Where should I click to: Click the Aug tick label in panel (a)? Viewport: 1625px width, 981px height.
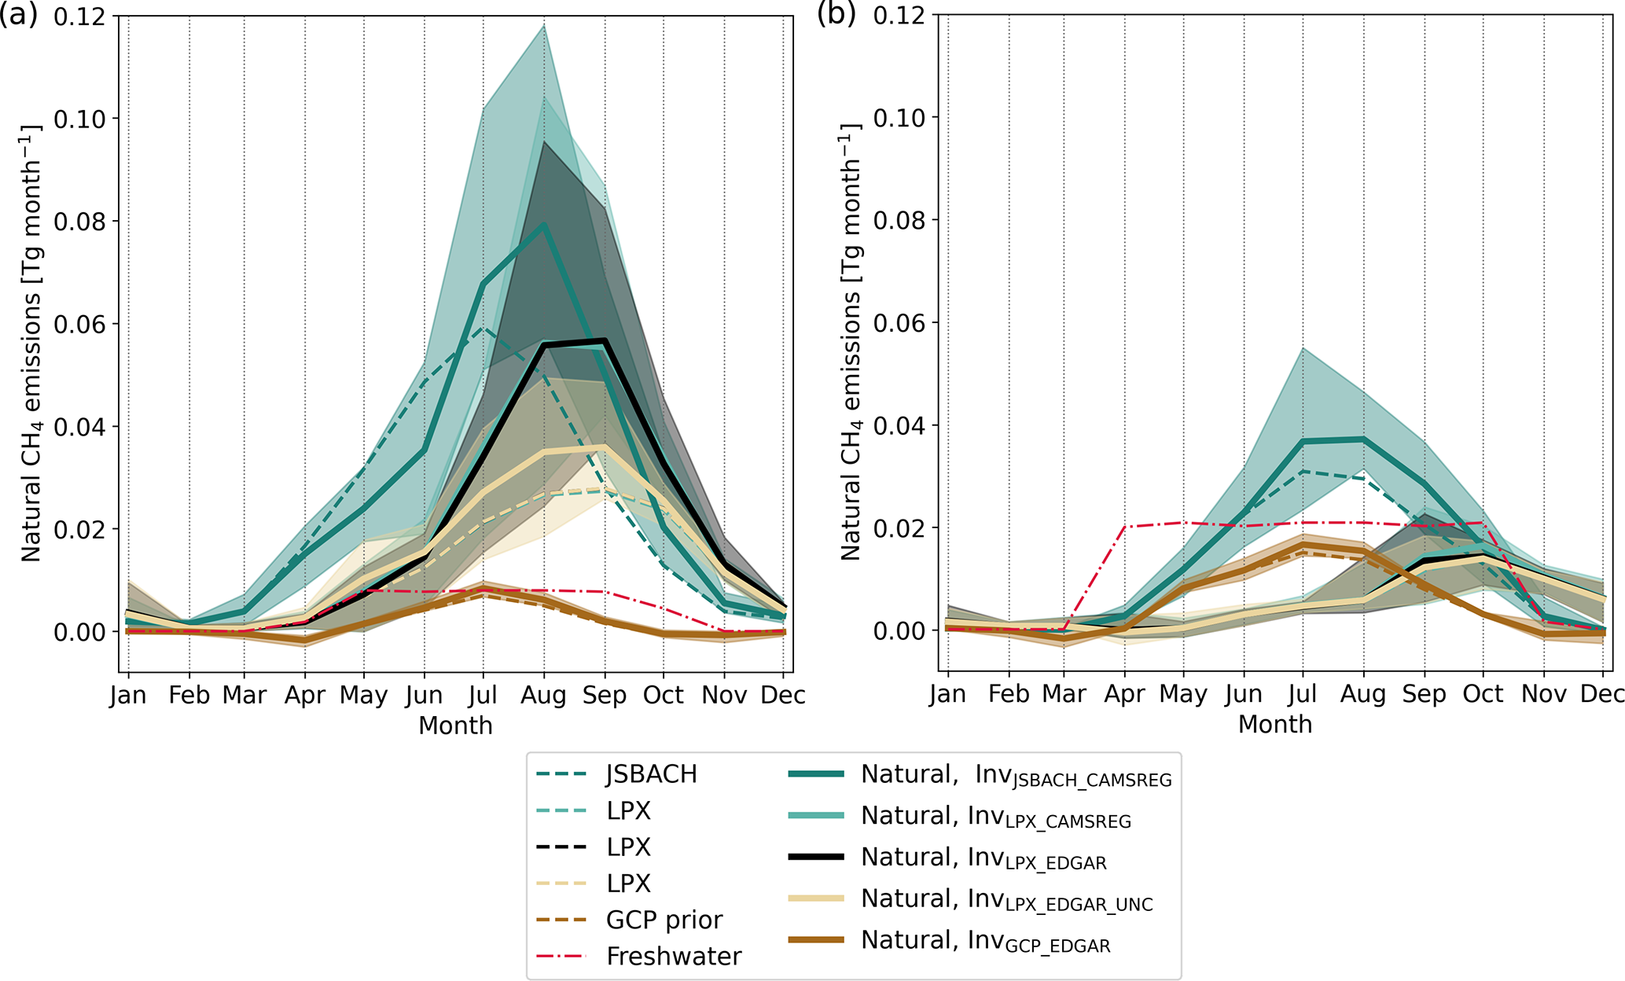[543, 696]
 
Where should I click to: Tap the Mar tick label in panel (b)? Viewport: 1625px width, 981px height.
[1064, 695]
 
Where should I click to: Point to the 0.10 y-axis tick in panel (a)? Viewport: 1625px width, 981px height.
[79, 119]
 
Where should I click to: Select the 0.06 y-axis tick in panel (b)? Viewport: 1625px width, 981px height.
[899, 323]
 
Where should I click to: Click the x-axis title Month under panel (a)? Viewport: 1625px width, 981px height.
[455, 726]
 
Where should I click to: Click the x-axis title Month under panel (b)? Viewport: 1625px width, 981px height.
[1275, 724]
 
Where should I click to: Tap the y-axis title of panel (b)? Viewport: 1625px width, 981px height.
[851, 342]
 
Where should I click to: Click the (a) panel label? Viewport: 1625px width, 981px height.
[18, 15]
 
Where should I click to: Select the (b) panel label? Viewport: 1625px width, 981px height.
[836, 13]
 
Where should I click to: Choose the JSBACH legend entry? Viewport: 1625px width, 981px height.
[651, 775]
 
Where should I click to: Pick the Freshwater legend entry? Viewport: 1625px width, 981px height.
[674, 957]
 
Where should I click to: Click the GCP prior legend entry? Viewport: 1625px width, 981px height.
[664, 920]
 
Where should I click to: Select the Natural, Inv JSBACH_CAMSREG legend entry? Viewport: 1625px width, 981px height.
[1016, 776]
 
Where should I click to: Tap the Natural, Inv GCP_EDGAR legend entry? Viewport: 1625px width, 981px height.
[986, 941]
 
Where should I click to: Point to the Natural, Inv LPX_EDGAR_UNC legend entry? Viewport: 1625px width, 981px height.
[1006, 899]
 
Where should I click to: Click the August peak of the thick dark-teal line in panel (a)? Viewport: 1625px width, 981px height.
[543, 225]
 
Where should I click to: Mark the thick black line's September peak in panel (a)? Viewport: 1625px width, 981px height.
[604, 341]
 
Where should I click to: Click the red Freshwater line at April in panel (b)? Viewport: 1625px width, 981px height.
[1124, 527]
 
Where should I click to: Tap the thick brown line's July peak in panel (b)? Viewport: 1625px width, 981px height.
[1303, 544]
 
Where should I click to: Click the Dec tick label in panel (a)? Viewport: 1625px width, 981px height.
[783, 696]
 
